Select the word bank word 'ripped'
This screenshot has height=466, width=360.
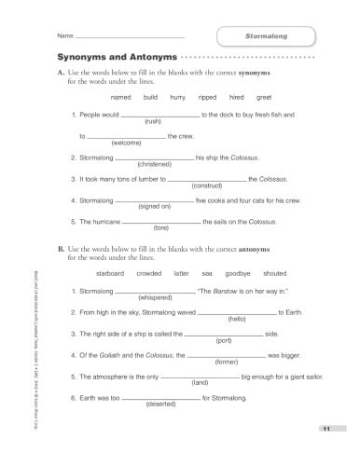point(206,97)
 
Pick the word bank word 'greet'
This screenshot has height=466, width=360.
point(264,97)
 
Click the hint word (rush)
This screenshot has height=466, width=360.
point(154,122)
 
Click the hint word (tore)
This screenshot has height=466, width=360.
point(160,228)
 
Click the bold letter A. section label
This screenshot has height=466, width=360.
point(61,73)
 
